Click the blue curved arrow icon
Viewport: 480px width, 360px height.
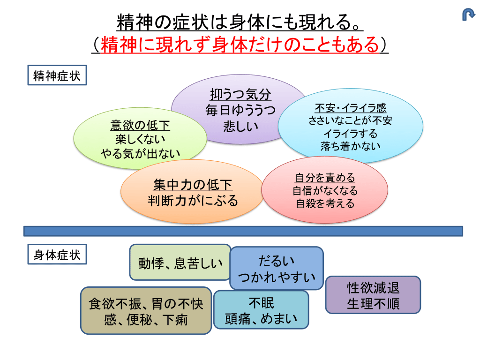tap(468, 15)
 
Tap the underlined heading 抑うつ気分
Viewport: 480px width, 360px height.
tap(240, 95)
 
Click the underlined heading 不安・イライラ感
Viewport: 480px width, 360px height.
tap(350, 108)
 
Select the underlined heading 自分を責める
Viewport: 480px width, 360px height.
tap(325, 178)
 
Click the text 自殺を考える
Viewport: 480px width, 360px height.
tap(325, 203)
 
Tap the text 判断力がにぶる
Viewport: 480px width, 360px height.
tap(193, 201)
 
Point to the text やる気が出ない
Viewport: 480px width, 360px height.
tap(140, 153)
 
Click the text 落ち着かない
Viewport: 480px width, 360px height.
tap(350, 146)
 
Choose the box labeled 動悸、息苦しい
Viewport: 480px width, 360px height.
tap(180, 262)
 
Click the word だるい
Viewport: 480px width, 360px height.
tap(277, 261)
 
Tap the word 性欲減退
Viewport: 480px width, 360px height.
tap(373, 287)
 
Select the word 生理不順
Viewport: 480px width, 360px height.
tap(373, 304)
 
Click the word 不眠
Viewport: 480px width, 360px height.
tap(261, 303)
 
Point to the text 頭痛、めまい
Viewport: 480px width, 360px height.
tap(261, 319)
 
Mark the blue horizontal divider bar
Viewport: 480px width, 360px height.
tap(243, 231)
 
